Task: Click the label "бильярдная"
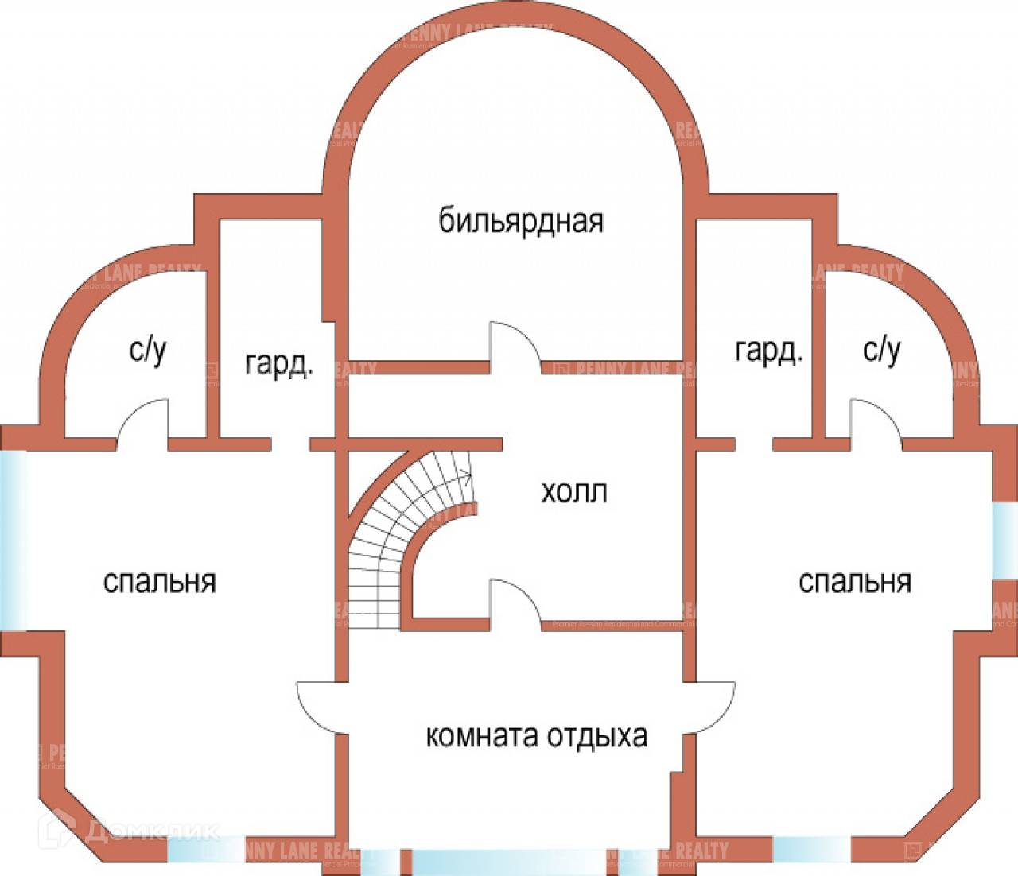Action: pyautogui.click(x=521, y=220)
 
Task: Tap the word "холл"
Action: pyautogui.click(x=573, y=492)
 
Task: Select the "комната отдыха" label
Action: pyautogui.click(x=537, y=736)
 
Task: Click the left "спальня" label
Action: pyautogui.click(x=159, y=582)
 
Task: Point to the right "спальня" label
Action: pyautogui.click(x=854, y=582)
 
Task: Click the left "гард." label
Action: pyautogui.click(x=278, y=364)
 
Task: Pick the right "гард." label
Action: pyautogui.click(x=768, y=351)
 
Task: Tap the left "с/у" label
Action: pyautogui.click(x=148, y=351)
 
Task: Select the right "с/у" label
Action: pyautogui.click(x=881, y=351)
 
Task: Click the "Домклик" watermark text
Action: pyautogui.click(x=151, y=831)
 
